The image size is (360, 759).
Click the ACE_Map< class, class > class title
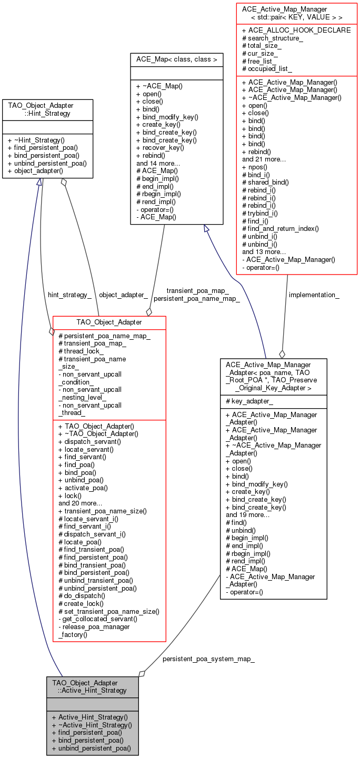(x=176, y=59)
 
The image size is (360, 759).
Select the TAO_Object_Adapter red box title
(x=109, y=322)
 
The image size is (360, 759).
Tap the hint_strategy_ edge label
(x=69, y=295)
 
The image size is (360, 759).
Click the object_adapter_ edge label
(x=123, y=295)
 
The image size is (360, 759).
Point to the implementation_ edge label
(x=314, y=295)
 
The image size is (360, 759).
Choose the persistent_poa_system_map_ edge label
(x=208, y=659)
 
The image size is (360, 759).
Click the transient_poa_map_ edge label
(x=197, y=290)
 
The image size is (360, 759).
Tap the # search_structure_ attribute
(x=272, y=38)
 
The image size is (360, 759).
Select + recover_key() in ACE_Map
(x=160, y=147)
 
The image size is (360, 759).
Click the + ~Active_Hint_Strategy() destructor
(x=92, y=724)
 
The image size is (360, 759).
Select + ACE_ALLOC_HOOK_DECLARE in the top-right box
(x=296, y=30)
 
